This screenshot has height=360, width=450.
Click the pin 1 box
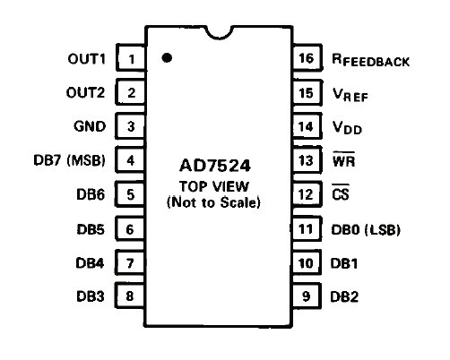131,57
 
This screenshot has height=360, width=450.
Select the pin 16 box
307,57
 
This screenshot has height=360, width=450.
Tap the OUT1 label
87,59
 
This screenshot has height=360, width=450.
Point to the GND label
90,126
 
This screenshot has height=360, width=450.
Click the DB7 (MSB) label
70,160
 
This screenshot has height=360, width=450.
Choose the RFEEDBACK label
370,60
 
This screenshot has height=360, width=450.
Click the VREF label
350,95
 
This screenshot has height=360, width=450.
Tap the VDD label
347,127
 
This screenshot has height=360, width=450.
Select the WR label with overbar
343,159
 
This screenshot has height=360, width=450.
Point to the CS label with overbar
341,193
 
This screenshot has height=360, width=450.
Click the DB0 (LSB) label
366,229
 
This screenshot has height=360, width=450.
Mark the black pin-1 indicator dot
167,57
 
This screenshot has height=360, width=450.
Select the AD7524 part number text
215,166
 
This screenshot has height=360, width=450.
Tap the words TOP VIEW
214,187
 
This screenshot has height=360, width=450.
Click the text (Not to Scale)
213,202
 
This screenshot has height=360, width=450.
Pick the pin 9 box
307,296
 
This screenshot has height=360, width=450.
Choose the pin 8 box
130,296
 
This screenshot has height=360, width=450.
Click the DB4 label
90,263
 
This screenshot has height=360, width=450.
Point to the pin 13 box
307,160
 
